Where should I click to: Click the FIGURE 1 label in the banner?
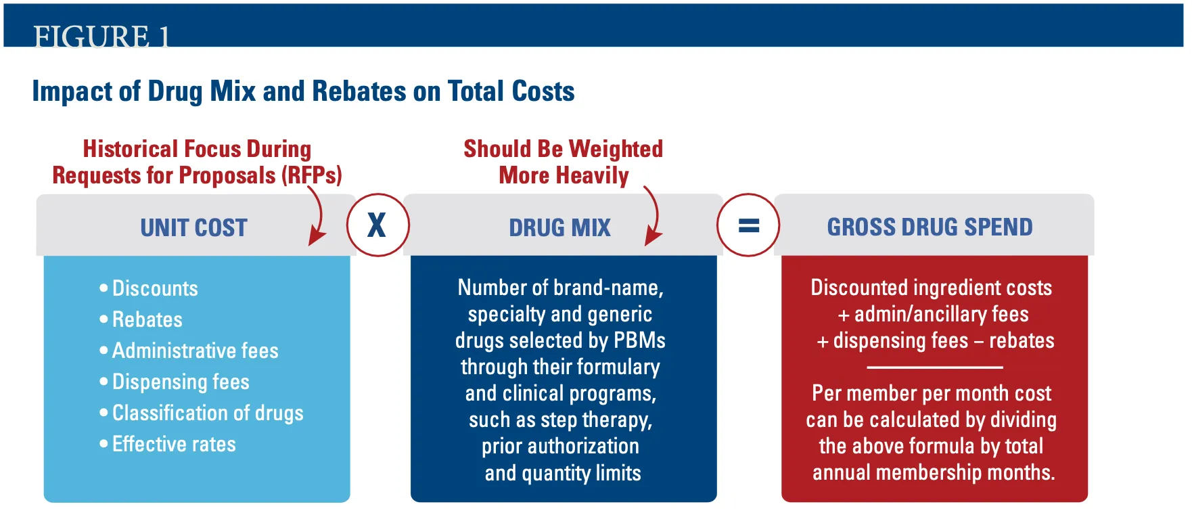101,36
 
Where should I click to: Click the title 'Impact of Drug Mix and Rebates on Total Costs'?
303,91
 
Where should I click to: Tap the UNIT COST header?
194,227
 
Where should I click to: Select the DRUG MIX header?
560,227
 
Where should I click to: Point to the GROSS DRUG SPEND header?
930,227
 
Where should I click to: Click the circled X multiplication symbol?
377,225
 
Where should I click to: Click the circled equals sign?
748,225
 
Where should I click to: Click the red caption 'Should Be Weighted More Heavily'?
564,162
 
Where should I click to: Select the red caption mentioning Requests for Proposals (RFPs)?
197,162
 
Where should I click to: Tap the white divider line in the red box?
934,367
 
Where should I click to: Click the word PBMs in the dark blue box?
639,340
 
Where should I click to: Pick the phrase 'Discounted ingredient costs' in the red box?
932,288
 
